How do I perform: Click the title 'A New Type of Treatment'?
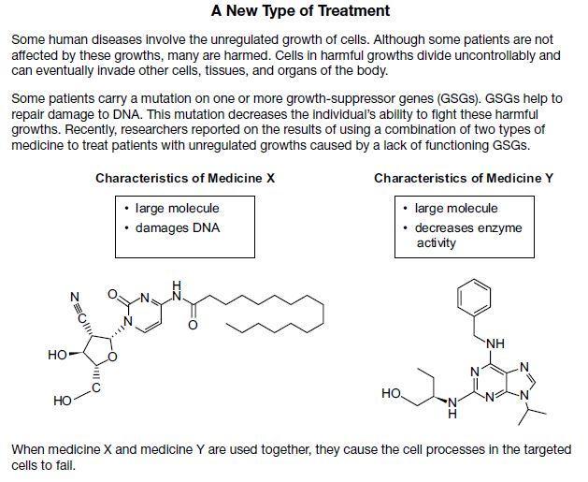pyautogui.click(x=300, y=10)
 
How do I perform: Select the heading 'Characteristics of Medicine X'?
pyautogui.click(x=185, y=178)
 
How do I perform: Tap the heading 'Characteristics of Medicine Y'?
pyautogui.click(x=464, y=178)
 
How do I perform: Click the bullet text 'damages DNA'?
pyautogui.click(x=178, y=227)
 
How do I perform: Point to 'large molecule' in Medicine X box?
pyautogui.click(x=177, y=209)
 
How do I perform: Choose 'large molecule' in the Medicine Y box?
pyautogui.click(x=456, y=209)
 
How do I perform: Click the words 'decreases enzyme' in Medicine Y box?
pyautogui.click(x=468, y=227)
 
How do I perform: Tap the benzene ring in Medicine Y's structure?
pyautogui.click(x=474, y=297)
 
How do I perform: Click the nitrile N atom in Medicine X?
pyautogui.click(x=75, y=297)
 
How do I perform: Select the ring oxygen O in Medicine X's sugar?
pyautogui.click(x=112, y=357)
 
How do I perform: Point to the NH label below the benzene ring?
pyautogui.click(x=495, y=343)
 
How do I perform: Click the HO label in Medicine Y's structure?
pyautogui.click(x=391, y=393)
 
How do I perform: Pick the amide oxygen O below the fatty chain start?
pyautogui.click(x=193, y=325)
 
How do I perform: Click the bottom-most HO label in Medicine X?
pyautogui.click(x=63, y=401)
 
